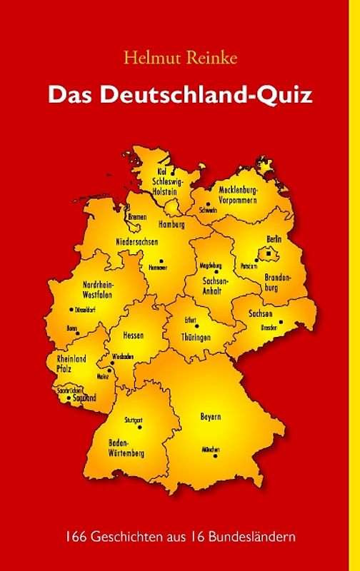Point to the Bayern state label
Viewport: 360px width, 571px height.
tap(210, 415)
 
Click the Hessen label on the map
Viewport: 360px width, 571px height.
tap(134, 335)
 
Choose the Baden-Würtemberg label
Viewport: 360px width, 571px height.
tap(126, 448)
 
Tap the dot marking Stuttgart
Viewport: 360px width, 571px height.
tap(140, 427)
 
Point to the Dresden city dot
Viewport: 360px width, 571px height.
tap(270, 322)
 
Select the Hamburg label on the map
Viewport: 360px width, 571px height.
tap(172, 223)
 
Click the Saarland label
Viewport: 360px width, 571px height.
tap(84, 398)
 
